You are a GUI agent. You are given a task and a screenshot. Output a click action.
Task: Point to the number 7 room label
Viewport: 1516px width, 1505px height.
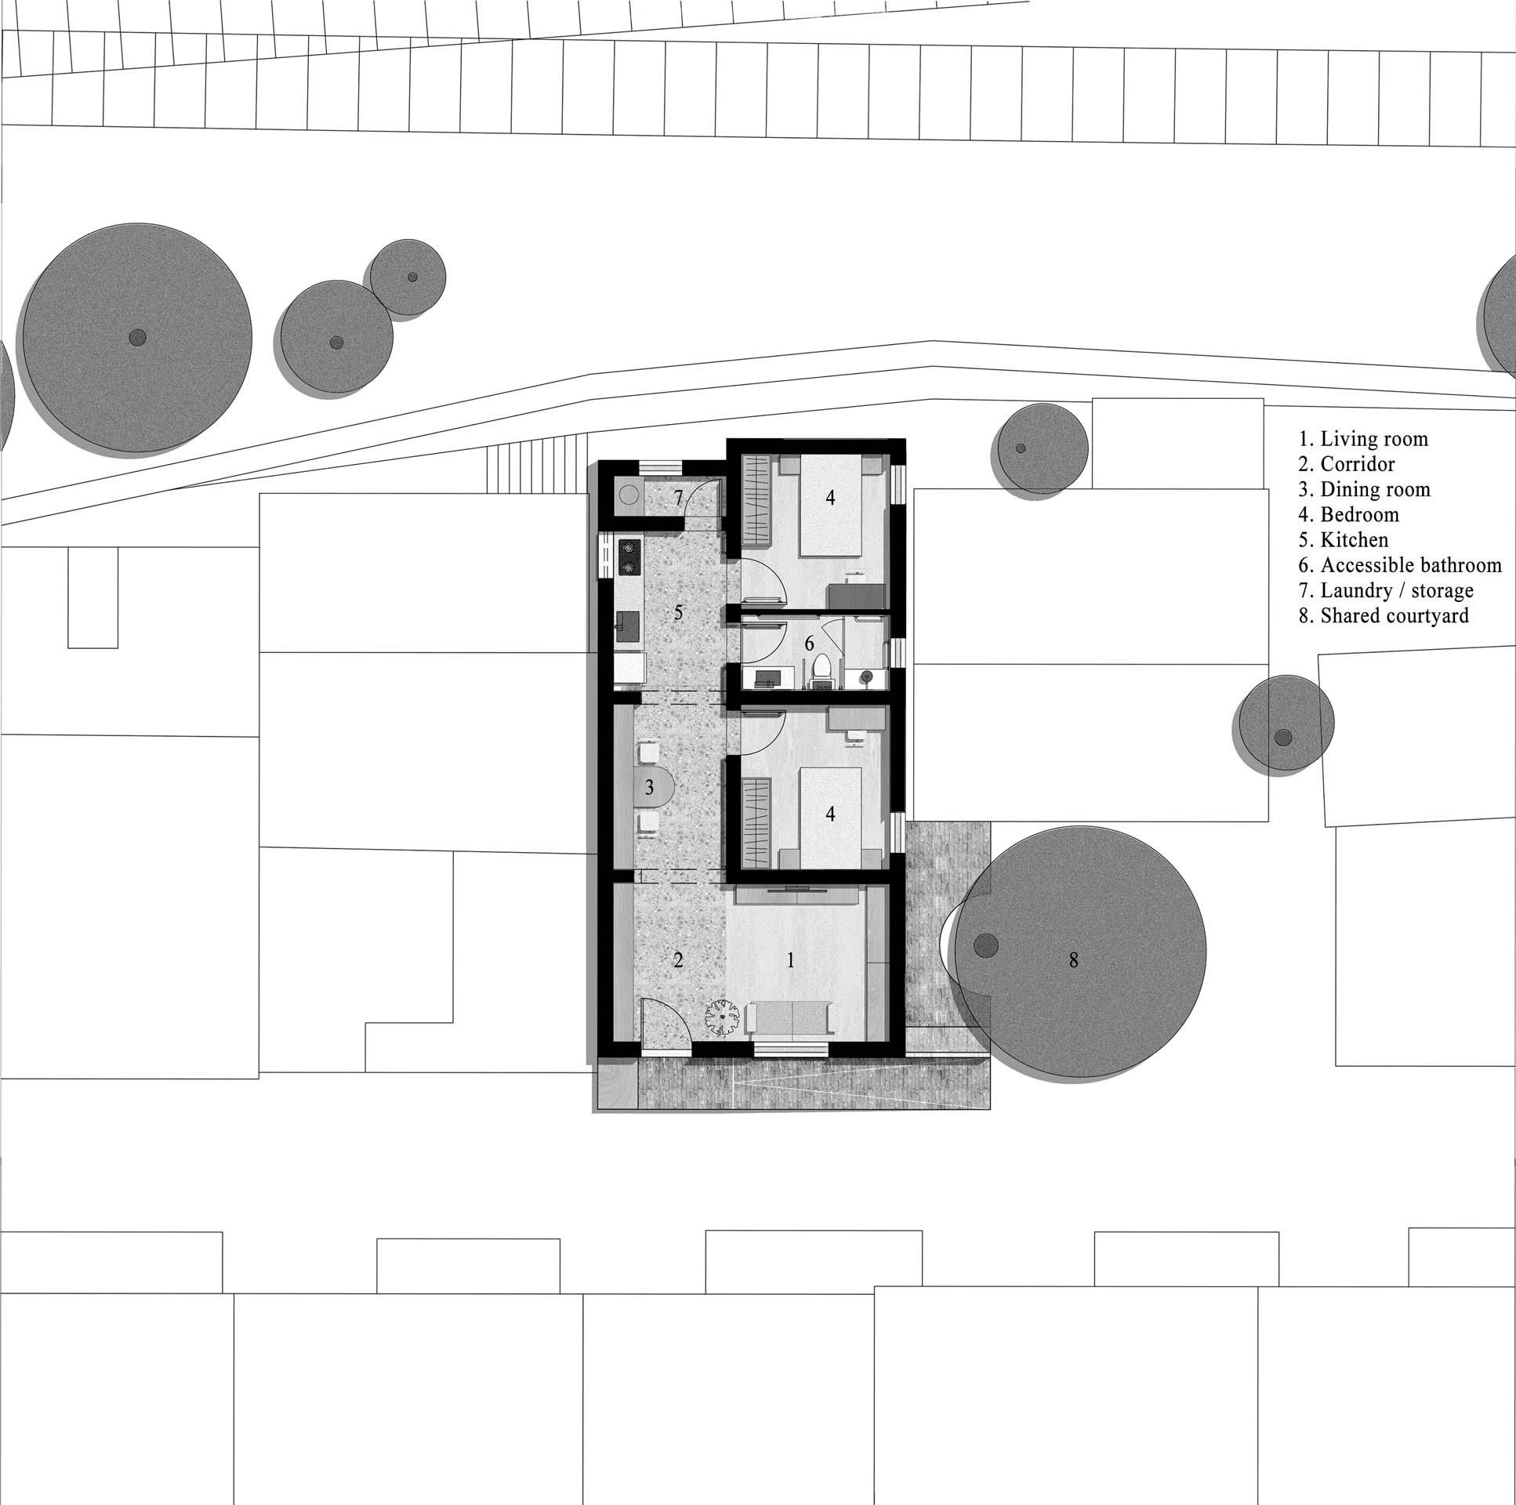[679, 497]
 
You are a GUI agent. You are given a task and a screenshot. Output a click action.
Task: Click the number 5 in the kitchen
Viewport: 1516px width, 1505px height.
[679, 612]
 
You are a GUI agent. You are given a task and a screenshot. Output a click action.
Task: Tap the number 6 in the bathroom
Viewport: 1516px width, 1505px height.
[809, 644]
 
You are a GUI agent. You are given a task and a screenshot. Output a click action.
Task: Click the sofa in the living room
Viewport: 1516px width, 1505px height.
[792, 1018]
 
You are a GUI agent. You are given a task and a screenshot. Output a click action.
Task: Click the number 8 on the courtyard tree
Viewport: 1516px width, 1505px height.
[1073, 959]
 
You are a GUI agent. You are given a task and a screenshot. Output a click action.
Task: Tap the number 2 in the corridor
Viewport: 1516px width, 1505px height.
[679, 959]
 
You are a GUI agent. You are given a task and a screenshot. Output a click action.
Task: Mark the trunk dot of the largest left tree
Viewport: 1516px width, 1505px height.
[137, 338]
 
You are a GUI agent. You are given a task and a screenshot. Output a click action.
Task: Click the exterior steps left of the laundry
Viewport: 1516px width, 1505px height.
[537, 470]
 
